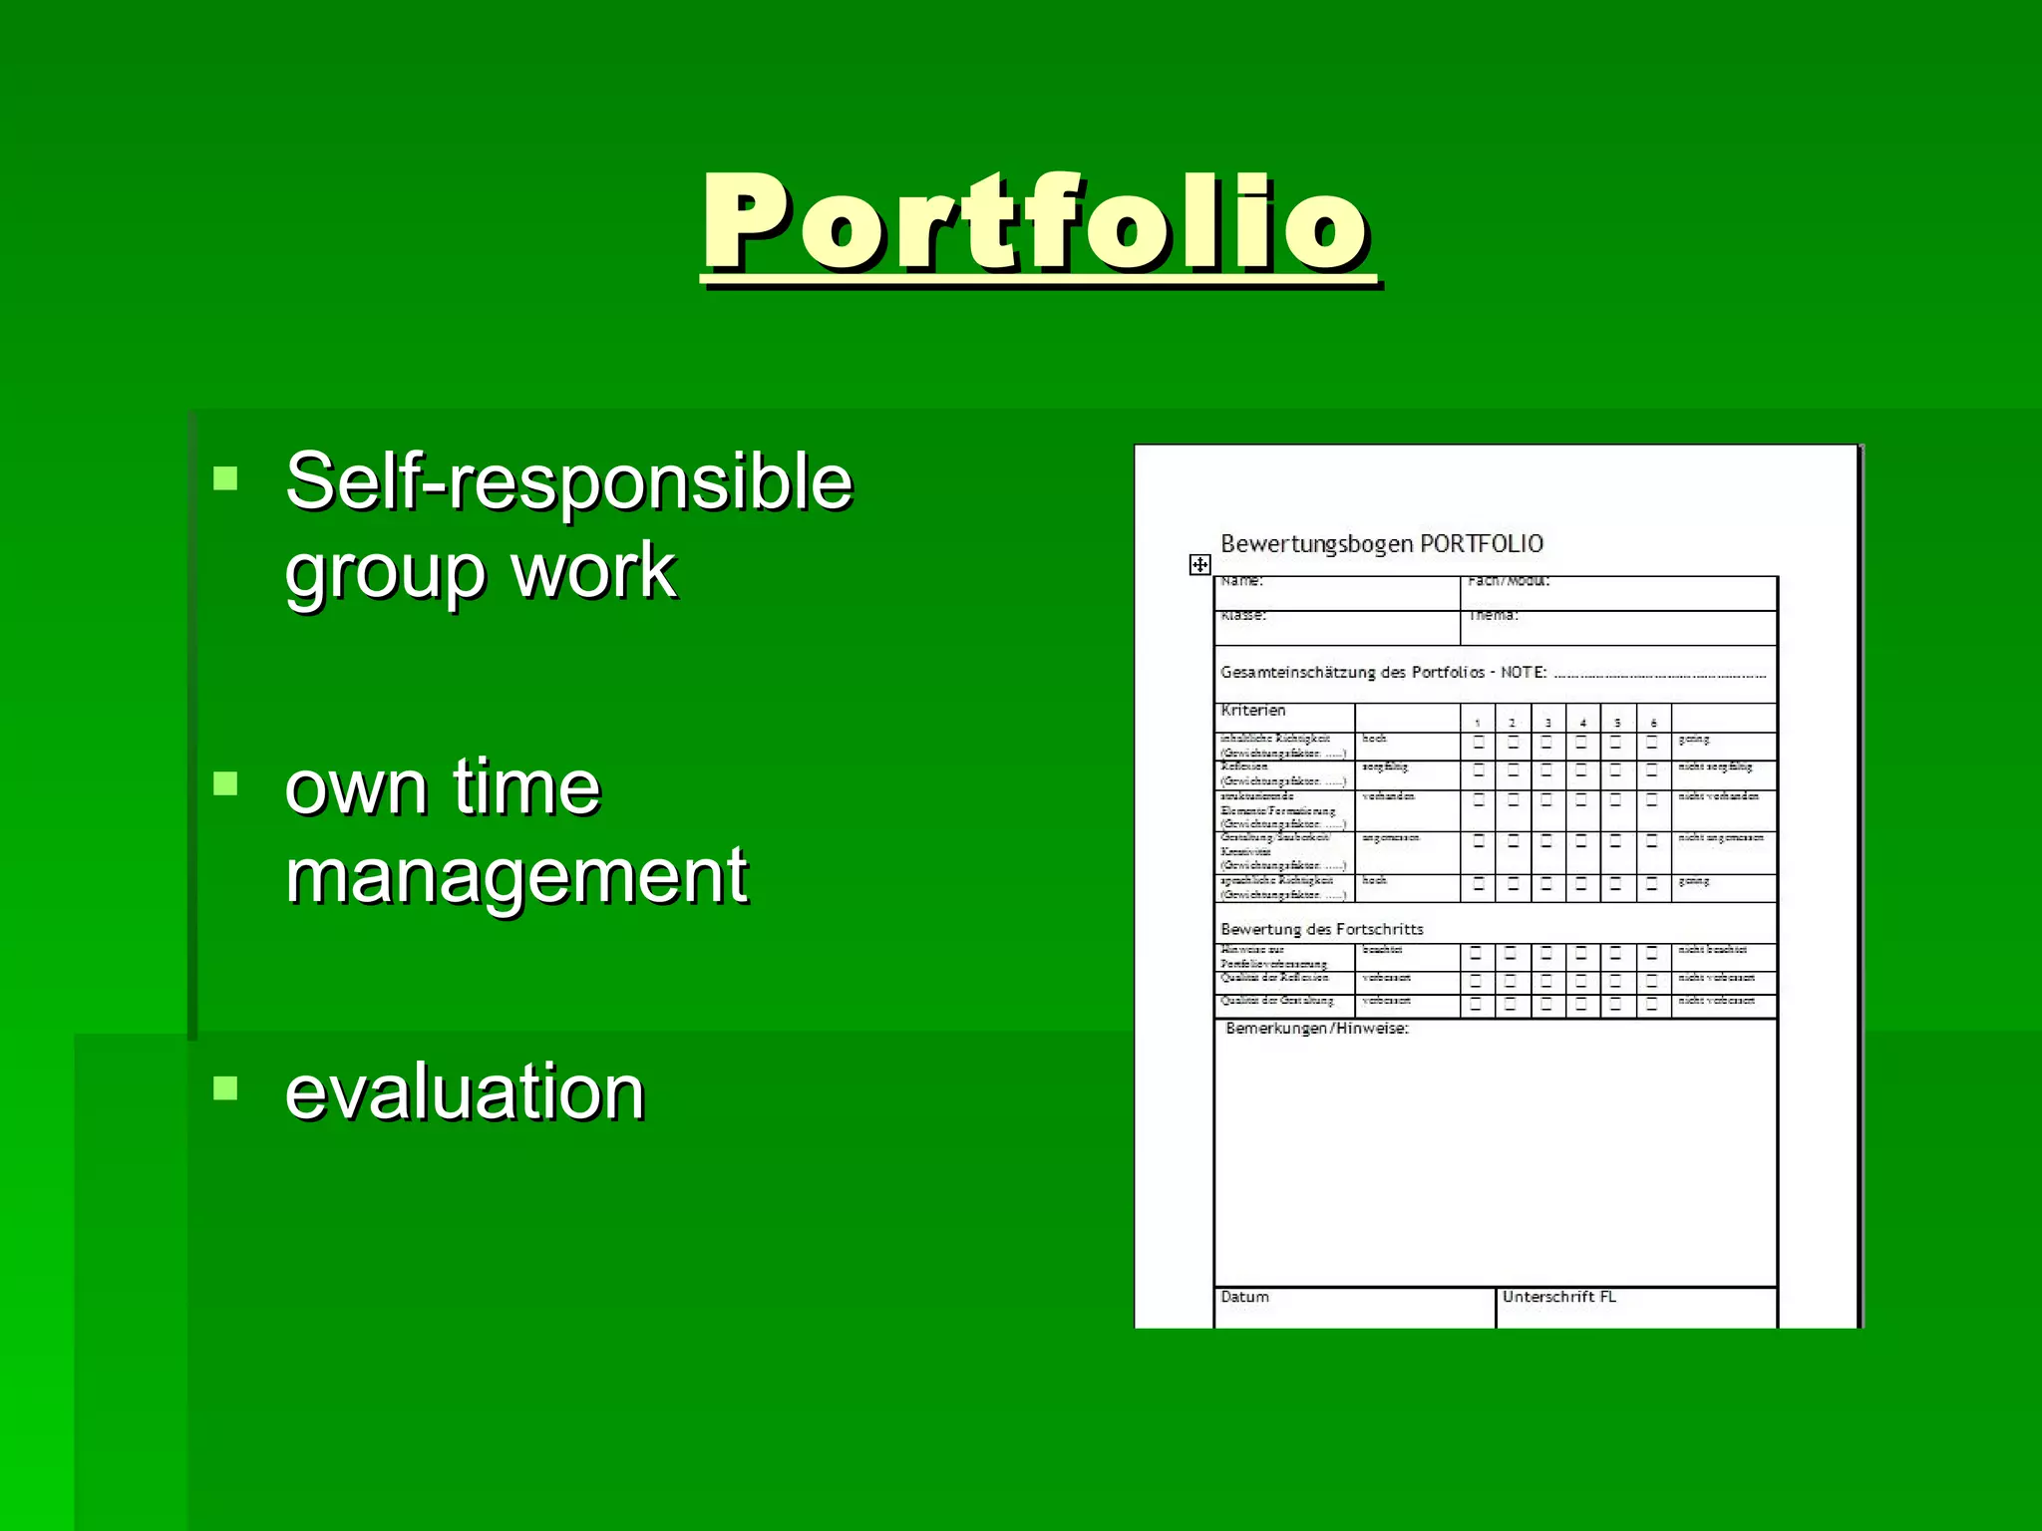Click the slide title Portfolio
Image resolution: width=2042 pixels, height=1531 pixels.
click(x=1037, y=222)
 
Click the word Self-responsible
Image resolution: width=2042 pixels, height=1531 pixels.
click(x=568, y=481)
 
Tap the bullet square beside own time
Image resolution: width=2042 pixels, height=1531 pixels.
click(x=226, y=783)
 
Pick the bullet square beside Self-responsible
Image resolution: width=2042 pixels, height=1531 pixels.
click(x=226, y=478)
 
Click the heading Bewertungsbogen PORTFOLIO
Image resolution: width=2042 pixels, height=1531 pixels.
click(x=1381, y=544)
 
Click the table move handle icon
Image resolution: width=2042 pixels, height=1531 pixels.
click(x=1199, y=565)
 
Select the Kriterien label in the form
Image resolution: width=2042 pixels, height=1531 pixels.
click(x=1253, y=711)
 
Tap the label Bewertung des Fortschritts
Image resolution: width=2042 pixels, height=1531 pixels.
click(x=1321, y=929)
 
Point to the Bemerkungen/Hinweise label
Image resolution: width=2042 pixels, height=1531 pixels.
click(x=1316, y=1029)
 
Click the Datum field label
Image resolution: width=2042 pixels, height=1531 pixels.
click(x=1244, y=1297)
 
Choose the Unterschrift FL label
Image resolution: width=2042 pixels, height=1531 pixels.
click(x=1558, y=1297)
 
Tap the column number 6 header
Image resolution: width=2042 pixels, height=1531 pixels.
click(x=1653, y=723)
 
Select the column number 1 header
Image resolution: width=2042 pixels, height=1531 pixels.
click(x=1478, y=723)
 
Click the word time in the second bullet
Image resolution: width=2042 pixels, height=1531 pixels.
click(x=526, y=786)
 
